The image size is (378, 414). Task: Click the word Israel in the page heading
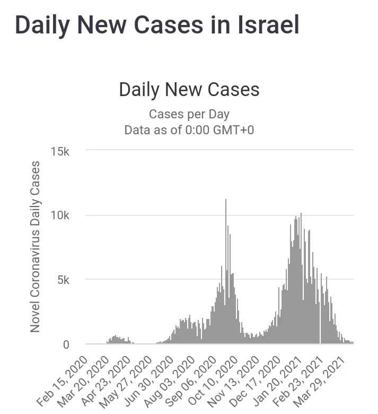268,25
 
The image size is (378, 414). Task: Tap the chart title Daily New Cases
189,89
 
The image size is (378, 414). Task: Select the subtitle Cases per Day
189,114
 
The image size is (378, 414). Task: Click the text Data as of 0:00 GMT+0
189,130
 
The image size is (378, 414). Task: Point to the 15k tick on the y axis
60,151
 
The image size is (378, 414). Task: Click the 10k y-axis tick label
60,215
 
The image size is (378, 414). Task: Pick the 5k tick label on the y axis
63,280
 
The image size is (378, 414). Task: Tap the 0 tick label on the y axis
66,345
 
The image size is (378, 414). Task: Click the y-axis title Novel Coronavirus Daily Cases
36,246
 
